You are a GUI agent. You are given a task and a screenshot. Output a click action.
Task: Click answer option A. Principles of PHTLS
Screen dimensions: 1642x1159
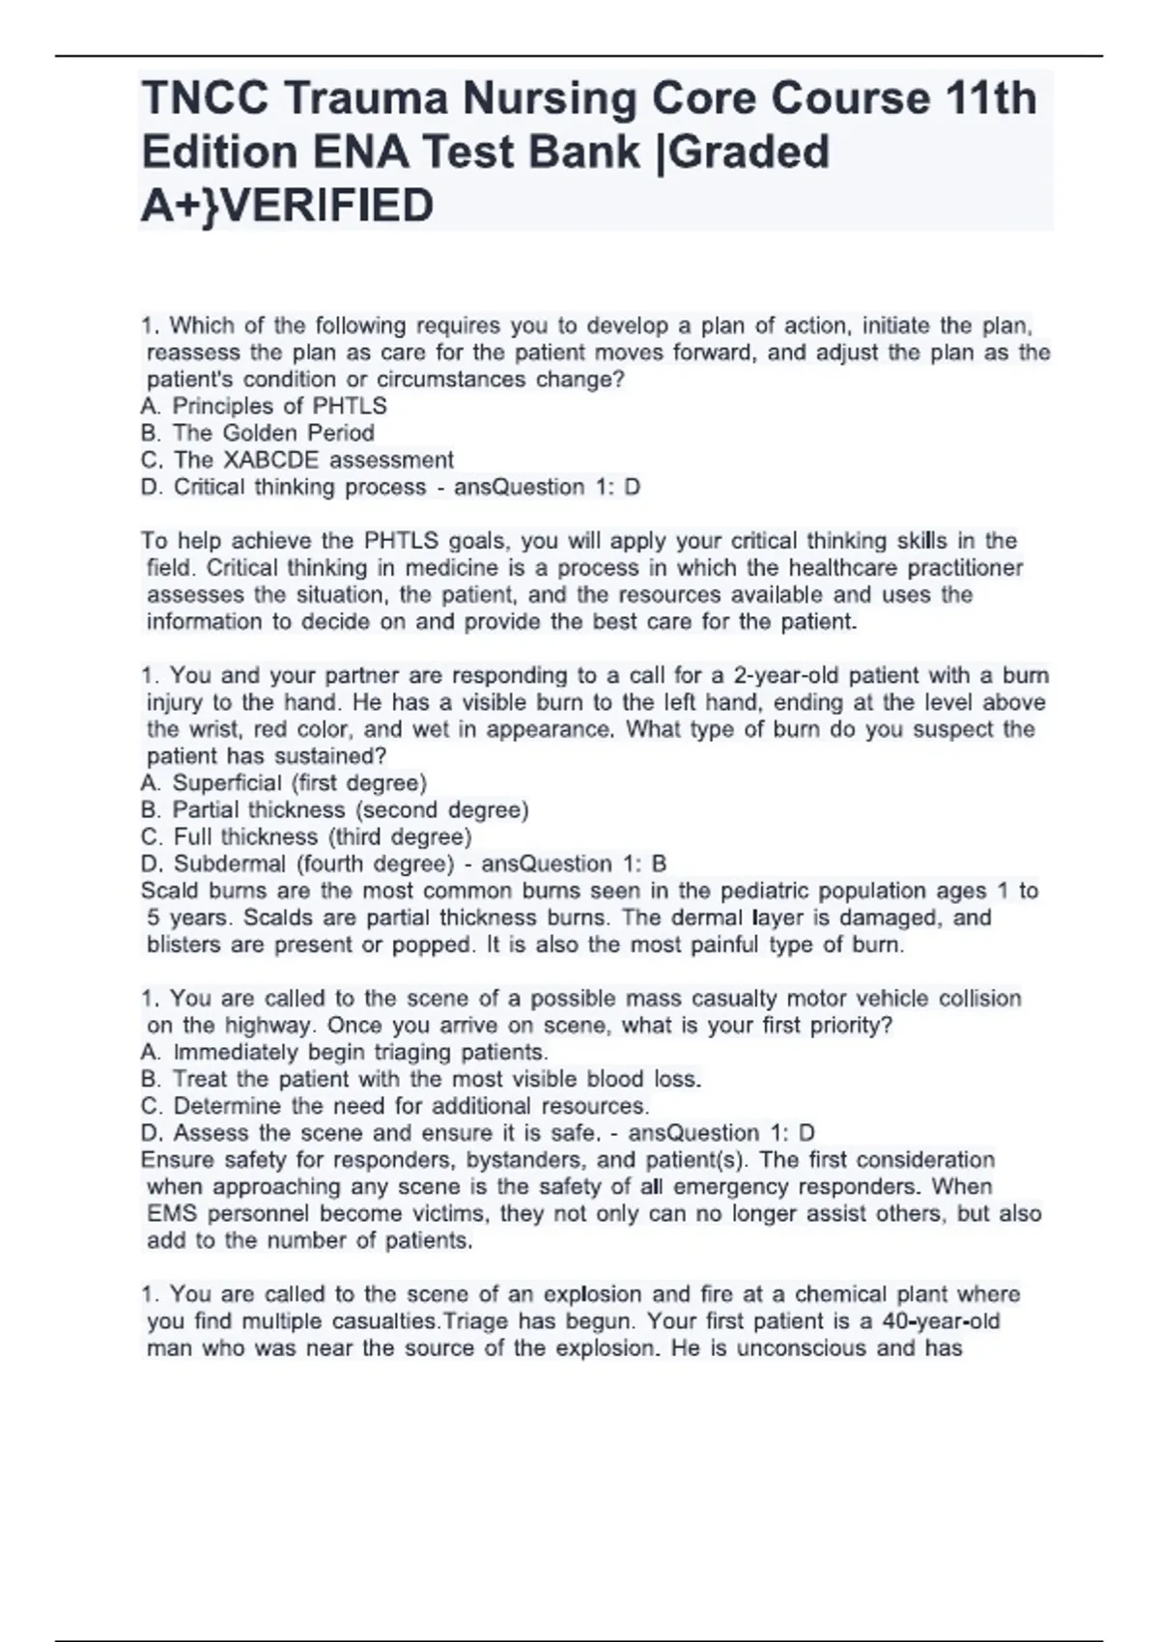(x=264, y=406)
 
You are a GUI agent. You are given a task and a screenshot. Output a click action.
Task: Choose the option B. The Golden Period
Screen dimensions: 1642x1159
(x=258, y=433)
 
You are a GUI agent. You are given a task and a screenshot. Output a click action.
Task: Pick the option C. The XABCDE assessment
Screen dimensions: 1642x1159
(x=297, y=460)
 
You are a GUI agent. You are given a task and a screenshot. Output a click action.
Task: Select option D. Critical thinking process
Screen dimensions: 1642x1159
(x=283, y=487)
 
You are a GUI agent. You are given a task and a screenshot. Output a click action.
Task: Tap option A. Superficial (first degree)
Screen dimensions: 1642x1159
(x=284, y=782)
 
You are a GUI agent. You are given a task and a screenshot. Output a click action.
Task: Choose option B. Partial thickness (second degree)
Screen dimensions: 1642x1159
(x=334, y=809)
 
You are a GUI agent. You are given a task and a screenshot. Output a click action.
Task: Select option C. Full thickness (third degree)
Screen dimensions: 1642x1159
(x=306, y=836)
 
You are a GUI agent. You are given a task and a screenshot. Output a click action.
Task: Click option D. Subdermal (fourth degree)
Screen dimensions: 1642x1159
(x=297, y=863)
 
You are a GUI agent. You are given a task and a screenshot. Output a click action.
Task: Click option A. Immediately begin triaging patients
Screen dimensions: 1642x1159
(x=345, y=1052)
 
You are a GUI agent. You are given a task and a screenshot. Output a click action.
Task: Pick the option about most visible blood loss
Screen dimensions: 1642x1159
(x=421, y=1079)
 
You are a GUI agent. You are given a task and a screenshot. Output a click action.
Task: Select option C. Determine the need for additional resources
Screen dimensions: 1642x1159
(x=395, y=1106)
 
